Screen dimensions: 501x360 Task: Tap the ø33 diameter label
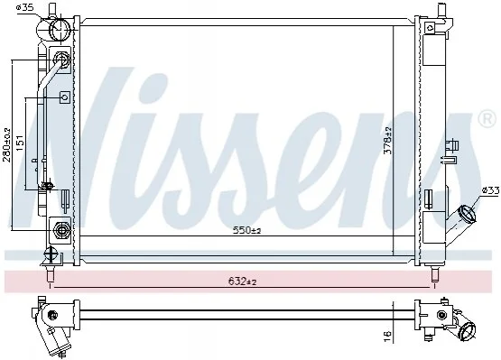[490, 190]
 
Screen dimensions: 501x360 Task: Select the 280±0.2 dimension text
[6, 144]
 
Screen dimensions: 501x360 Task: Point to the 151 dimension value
[20, 143]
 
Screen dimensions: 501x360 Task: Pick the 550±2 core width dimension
[247, 230]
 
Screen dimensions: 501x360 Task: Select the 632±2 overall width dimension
[243, 282]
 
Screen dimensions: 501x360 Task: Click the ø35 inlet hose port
[60, 29]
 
